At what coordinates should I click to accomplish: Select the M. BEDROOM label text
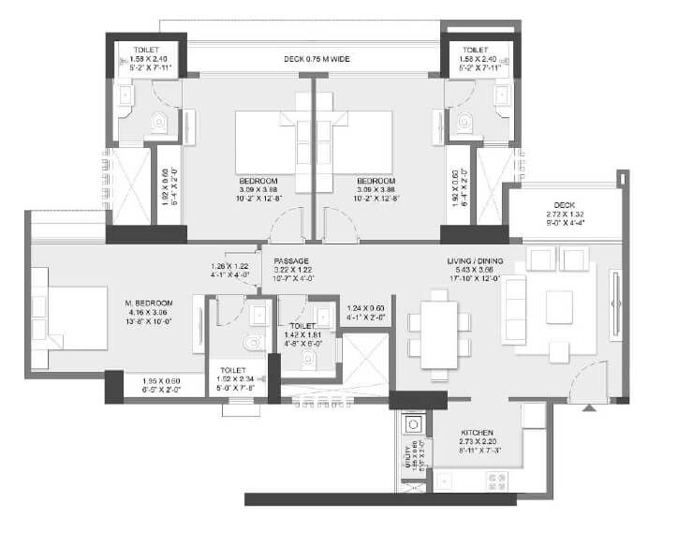(x=149, y=303)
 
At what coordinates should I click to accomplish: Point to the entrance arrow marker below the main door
(x=588, y=407)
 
